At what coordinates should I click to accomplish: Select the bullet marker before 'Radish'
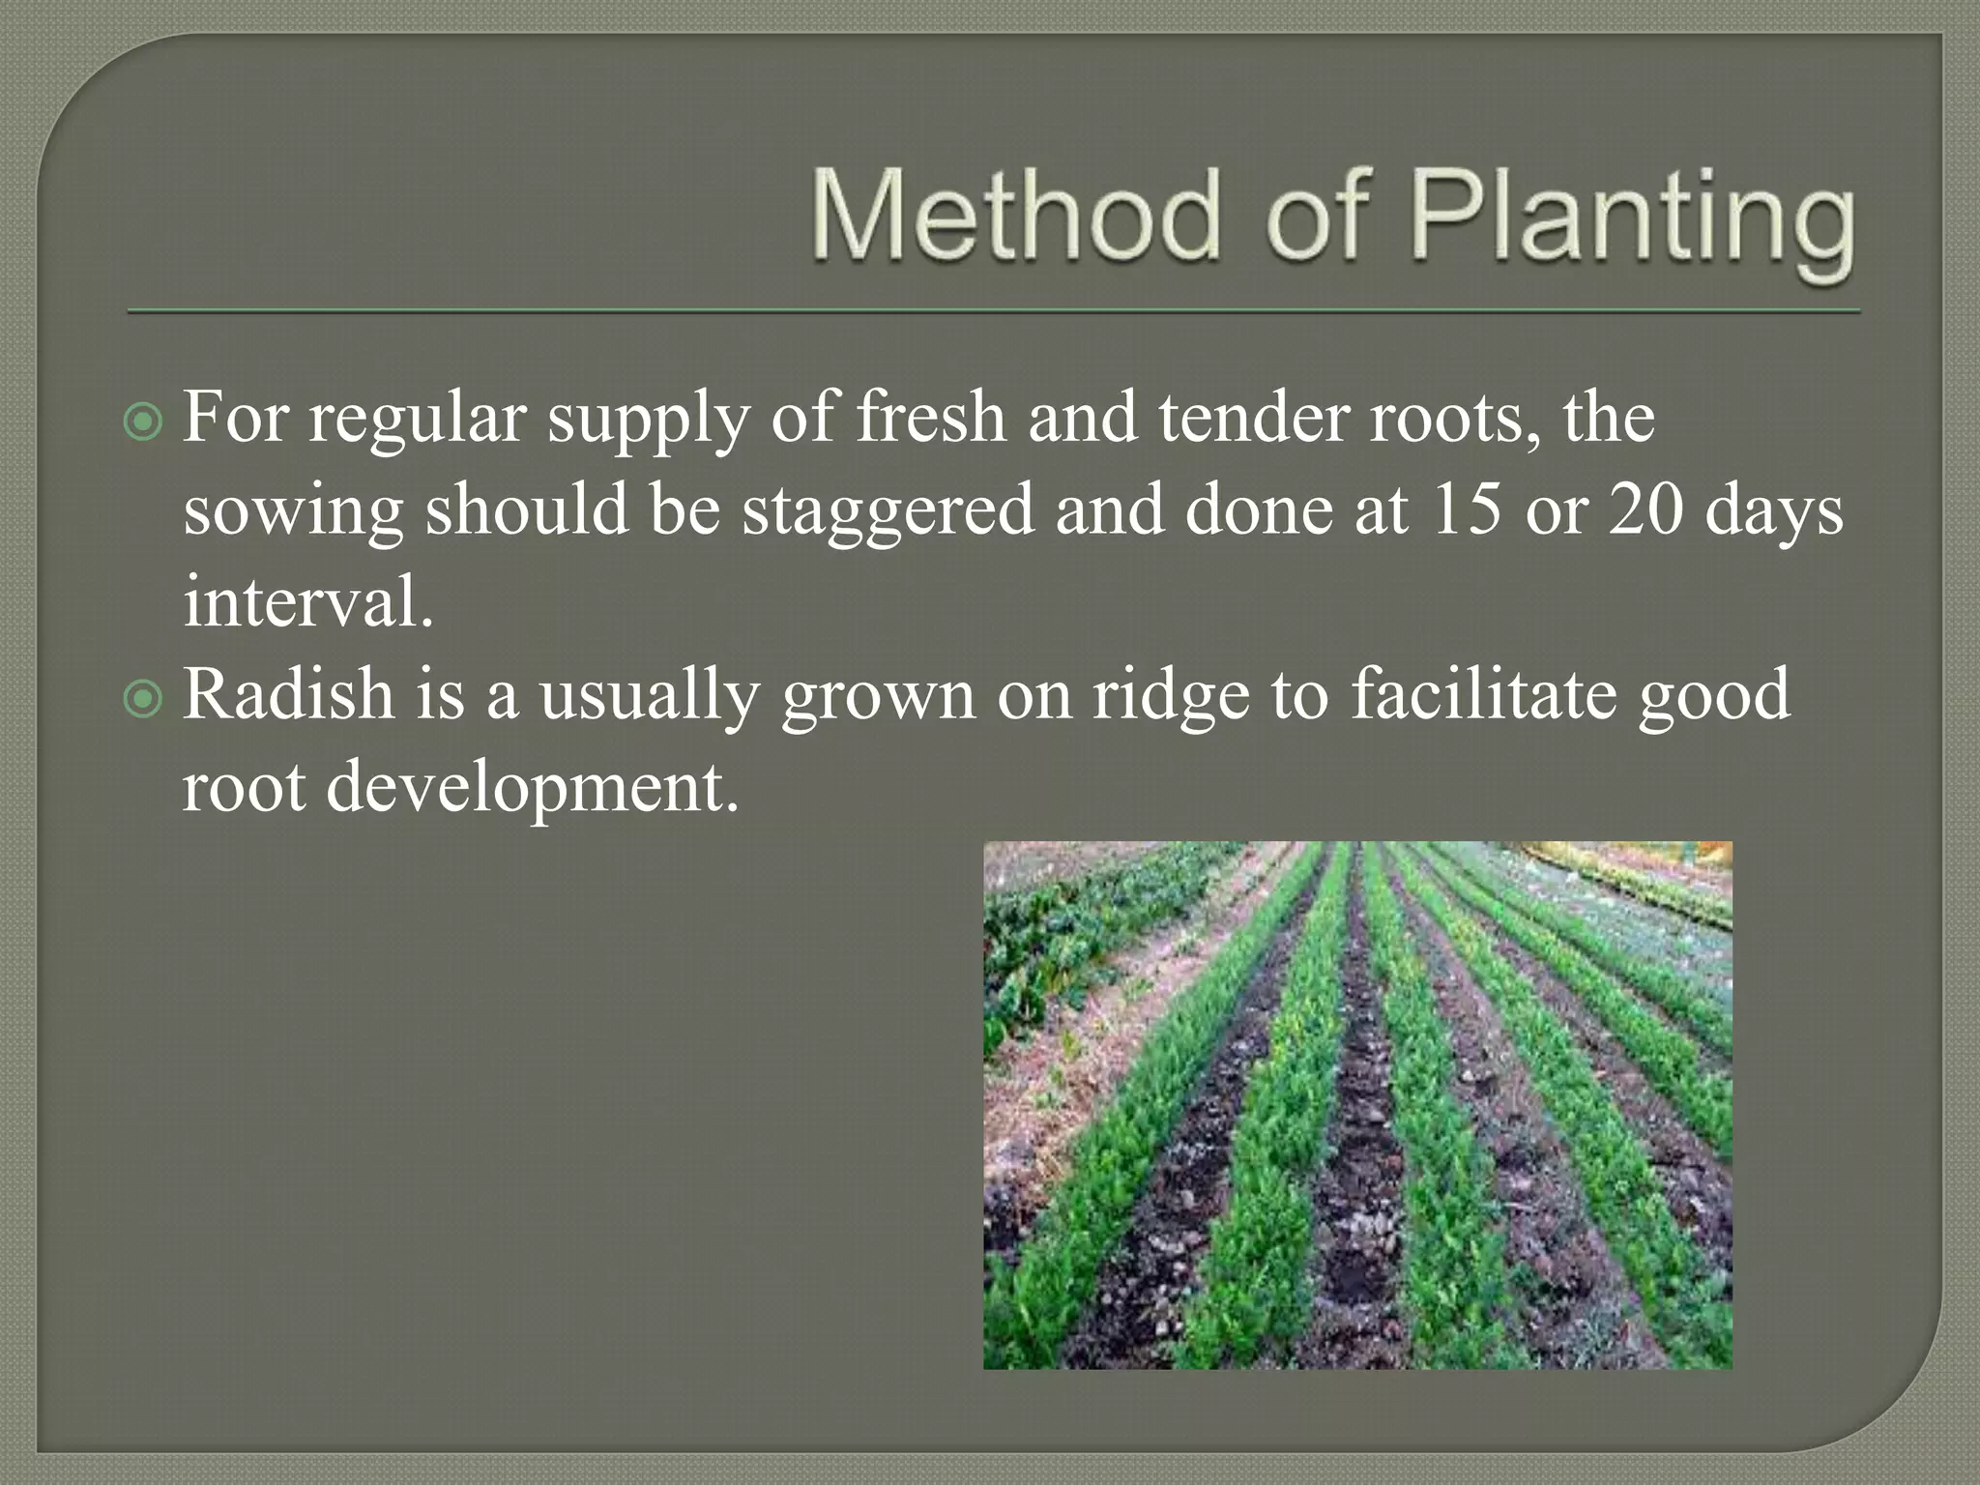(144, 699)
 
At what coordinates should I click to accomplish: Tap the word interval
(307, 601)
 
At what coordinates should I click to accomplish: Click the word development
(532, 789)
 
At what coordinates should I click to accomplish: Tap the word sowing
(293, 513)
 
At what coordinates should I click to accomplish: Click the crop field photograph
(1357, 1104)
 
